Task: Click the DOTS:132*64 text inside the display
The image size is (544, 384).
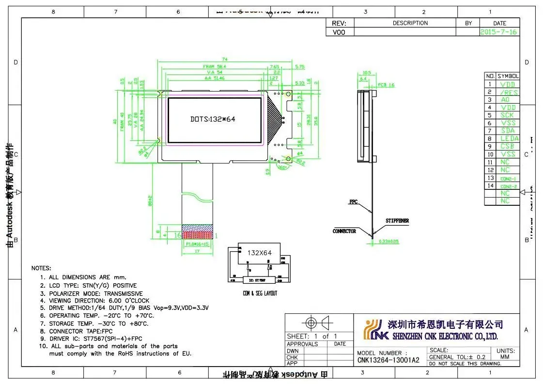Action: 213,119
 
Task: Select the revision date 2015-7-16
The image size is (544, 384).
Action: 499,32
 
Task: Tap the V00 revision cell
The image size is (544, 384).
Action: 339,32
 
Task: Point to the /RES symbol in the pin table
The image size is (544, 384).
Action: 508,92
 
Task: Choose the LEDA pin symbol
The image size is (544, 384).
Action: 508,138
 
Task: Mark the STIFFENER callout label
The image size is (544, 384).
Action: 397,221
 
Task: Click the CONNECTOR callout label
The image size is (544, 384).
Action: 344,231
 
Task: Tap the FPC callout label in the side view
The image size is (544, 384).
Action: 353,201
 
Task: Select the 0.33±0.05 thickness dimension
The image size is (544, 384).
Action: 389,241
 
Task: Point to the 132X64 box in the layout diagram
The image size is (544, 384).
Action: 260,253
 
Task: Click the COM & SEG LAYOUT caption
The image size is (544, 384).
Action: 260,293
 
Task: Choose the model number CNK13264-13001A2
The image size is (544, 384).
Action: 389,360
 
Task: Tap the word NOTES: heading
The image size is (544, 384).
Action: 41,268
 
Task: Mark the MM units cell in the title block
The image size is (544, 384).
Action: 505,357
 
